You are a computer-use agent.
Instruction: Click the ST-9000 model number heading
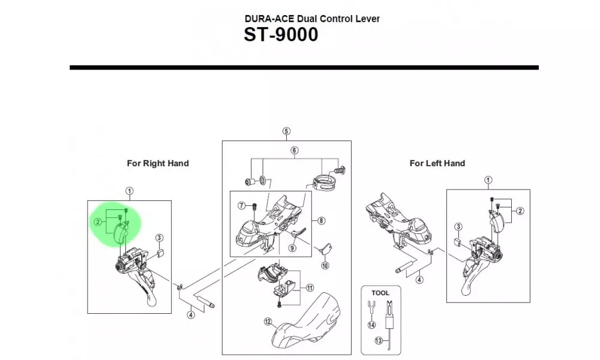coord(281,35)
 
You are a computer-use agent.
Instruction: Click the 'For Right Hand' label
coord(158,163)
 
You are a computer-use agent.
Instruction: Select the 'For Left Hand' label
coord(437,163)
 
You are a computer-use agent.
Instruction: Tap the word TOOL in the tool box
coord(380,293)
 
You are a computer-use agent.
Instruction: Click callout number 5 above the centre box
coord(286,131)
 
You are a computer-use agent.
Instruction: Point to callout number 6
coord(295,150)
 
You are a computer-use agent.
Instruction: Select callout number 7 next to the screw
coord(242,206)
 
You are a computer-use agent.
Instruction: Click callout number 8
coord(322,221)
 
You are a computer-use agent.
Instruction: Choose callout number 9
coord(293,247)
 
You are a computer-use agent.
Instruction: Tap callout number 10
coord(325,265)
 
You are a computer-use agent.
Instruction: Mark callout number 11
coord(310,288)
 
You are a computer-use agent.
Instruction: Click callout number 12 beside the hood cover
coord(268,322)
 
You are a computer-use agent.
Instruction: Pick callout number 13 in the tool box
coord(378,341)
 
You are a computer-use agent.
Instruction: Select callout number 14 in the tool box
coord(372,325)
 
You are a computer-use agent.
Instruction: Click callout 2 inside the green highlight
coord(97,222)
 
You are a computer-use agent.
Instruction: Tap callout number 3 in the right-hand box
coord(159,238)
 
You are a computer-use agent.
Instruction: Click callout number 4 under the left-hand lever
coord(419,279)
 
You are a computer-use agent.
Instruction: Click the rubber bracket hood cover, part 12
coord(309,321)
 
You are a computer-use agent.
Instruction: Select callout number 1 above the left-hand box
coord(488,180)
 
